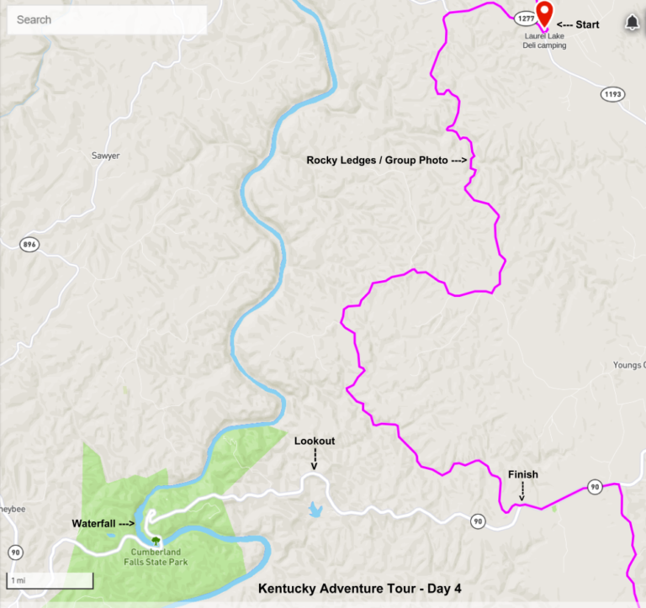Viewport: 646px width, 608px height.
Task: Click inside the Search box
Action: tap(107, 19)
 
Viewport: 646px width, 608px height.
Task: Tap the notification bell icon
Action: tap(632, 23)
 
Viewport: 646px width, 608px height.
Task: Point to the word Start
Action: tap(587, 24)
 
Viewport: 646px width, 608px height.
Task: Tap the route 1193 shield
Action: tap(612, 94)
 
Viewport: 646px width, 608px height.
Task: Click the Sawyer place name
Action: tap(105, 156)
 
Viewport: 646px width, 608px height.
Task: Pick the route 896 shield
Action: tap(30, 244)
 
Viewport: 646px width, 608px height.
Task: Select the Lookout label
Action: tap(314, 441)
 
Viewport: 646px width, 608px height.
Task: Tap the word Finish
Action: tap(522, 474)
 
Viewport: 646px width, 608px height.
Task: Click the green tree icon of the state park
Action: tap(155, 541)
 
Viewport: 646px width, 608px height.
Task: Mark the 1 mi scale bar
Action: tap(50, 580)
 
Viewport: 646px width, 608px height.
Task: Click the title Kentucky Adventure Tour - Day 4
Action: tap(359, 589)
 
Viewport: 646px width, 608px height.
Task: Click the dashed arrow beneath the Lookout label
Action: tap(314, 459)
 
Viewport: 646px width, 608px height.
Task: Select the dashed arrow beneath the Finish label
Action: tap(522, 492)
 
